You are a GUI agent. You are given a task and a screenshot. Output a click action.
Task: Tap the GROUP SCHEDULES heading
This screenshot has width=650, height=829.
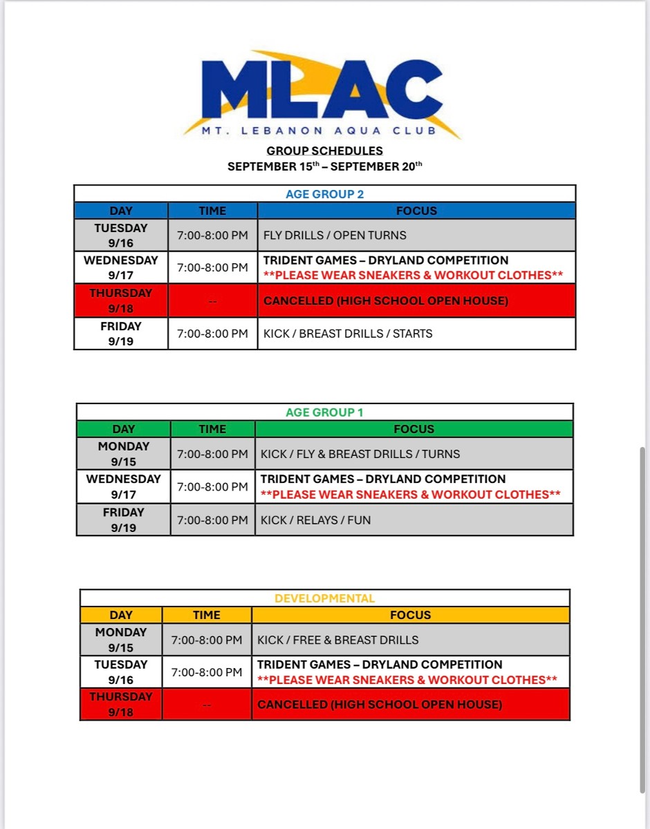pos(324,151)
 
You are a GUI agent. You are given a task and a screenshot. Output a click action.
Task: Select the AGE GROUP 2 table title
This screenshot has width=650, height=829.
pos(324,194)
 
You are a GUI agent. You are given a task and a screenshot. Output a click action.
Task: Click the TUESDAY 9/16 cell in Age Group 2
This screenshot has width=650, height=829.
pos(121,236)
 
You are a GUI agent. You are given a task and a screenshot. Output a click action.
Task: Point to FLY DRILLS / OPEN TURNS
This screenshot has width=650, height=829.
pos(335,236)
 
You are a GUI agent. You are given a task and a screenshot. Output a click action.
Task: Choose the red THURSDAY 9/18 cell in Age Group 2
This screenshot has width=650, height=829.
pos(121,301)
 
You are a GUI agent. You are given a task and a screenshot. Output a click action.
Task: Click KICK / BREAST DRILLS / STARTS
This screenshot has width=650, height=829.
pos(348,334)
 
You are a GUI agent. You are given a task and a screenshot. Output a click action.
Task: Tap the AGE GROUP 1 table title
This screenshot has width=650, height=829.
pos(324,412)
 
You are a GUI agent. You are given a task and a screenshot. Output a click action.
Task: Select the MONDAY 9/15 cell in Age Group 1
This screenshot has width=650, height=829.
pos(124,454)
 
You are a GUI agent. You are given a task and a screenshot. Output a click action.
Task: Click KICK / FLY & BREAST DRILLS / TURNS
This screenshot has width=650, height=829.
pos(360,454)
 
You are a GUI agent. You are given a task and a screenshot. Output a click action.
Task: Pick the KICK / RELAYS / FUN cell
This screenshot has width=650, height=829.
pos(315,520)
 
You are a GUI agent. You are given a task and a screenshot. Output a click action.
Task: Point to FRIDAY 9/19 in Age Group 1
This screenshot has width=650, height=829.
pos(124,520)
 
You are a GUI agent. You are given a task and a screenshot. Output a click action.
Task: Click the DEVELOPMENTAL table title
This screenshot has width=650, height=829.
pos(324,598)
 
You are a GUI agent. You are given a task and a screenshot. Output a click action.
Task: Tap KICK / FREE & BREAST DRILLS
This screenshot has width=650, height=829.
pos(337,640)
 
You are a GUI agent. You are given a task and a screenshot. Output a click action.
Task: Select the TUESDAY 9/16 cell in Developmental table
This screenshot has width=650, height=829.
pos(121,672)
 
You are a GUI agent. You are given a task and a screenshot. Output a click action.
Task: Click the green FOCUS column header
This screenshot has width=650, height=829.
pos(414,429)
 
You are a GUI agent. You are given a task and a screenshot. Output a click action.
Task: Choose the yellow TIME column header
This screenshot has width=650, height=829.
pos(207,615)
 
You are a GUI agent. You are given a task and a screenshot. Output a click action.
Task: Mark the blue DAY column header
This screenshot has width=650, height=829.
pos(121,211)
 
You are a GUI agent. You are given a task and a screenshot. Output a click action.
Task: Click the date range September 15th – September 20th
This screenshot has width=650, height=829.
pos(324,166)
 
